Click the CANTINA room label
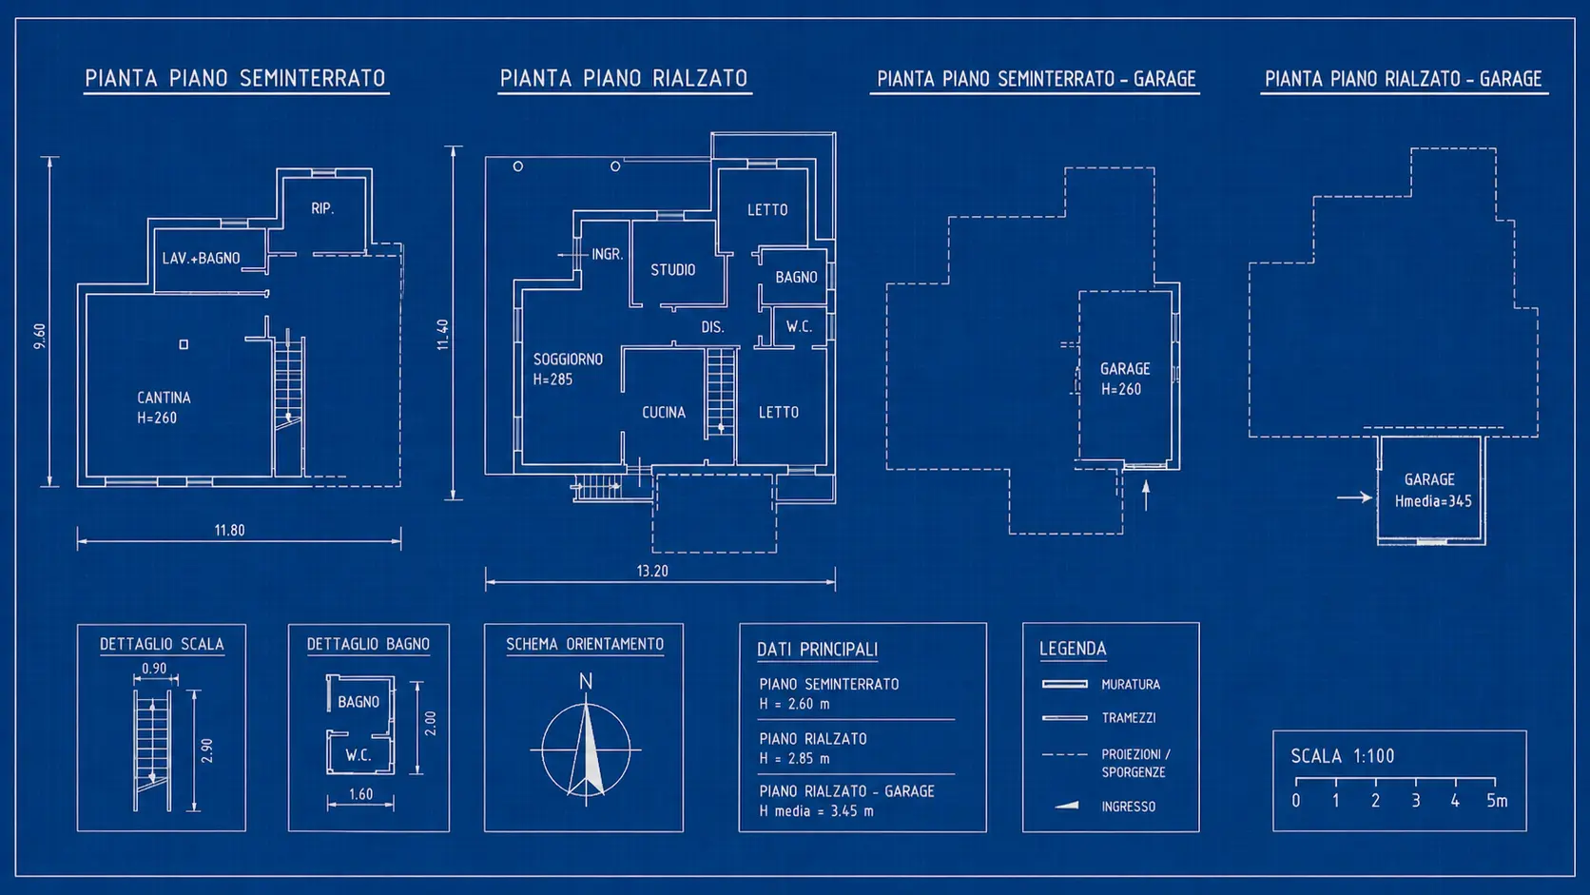point(164,398)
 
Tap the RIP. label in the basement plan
point(322,208)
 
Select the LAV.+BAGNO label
point(201,259)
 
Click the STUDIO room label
point(673,270)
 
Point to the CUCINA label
point(664,413)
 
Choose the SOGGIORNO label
point(568,360)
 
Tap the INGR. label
point(608,254)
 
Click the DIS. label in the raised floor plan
point(712,327)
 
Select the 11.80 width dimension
point(229,530)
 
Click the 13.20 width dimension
point(652,571)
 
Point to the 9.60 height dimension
point(40,337)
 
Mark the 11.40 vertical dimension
point(443,335)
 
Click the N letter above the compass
point(586,681)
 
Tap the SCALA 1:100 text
point(1342,756)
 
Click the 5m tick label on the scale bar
point(1497,801)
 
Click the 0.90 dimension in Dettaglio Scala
point(154,669)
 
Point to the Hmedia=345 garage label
point(1433,501)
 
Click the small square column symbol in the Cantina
point(184,344)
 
